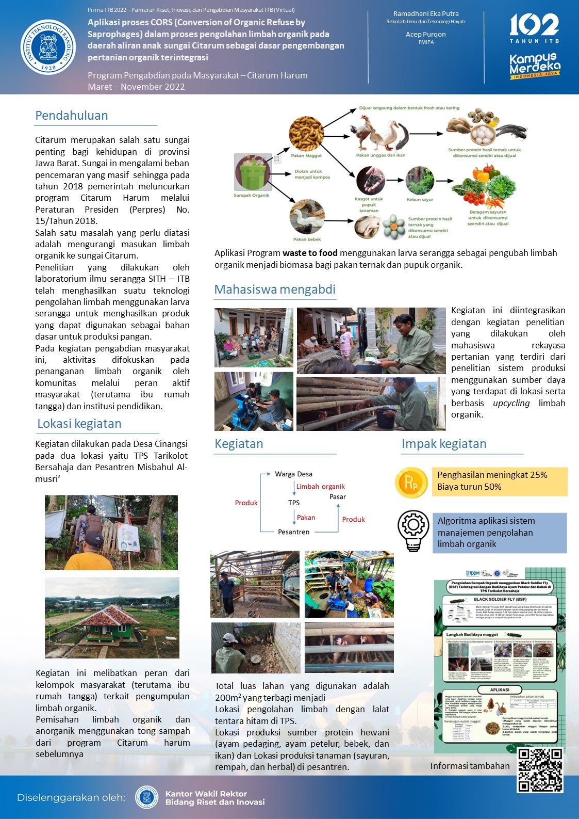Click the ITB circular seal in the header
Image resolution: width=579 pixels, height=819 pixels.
pyautogui.click(x=48, y=46)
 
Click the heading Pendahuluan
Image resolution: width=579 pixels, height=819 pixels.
pyautogui.click(x=72, y=116)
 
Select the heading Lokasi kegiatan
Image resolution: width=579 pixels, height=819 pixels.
pyautogui.click(x=79, y=424)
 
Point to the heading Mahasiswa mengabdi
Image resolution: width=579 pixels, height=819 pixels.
pyautogui.click(x=275, y=290)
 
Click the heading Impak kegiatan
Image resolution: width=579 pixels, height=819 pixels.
pyautogui.click(x=444, y=444)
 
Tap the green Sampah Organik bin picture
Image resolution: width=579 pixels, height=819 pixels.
pyautogui.click(x=252, y=172)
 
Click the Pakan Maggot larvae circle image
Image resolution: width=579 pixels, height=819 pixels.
pyautogui.click(x=306, y=134)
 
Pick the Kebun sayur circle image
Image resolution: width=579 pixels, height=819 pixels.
pyautogui.click(x=420, y=180)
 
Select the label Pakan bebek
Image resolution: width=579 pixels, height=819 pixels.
pyautogui.click(x=307, y=239)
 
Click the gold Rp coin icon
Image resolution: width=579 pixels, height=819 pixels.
pyautogui.click(x=411, y=483)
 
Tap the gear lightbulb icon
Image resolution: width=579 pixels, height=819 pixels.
pyautogui.click(x=413, y=531)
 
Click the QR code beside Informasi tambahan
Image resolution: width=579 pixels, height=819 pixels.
pyautogui.click(x=540, y=769)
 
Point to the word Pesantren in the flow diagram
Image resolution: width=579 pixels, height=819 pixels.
pyautogui.click(x=293, y=532)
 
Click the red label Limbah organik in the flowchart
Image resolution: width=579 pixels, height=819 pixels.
pyautogui.click(x=320, y=487)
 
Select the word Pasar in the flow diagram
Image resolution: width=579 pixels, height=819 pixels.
pyautogui.click(x=338, y=497)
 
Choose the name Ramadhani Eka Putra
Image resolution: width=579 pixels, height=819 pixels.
pyautogui.click(x=426, y=14)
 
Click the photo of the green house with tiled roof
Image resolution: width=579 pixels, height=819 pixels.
pyautogui.click(x=112, y=618)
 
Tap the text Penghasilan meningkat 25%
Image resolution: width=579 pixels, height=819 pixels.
pyautogui.click(x=492, y=475)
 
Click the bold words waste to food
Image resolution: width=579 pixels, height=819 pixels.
pyautogui.click(x=310, y=253)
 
